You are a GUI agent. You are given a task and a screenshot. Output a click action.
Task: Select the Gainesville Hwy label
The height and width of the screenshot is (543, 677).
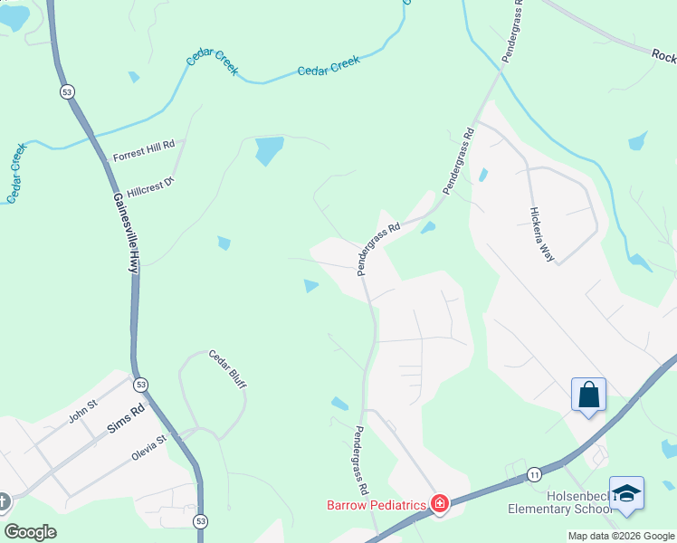coord(125,233)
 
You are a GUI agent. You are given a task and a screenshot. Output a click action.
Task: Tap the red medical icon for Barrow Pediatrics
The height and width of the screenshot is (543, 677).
coord(439,503)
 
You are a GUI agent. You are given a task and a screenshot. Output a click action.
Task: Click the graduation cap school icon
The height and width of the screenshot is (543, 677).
coord(626,493)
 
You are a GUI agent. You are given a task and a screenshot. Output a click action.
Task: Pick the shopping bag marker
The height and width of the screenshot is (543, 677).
coord(588,395)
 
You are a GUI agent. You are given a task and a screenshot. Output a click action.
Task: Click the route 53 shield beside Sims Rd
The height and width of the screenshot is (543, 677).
coord(140,385)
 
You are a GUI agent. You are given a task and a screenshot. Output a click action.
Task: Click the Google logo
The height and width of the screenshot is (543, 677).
coord(30,532)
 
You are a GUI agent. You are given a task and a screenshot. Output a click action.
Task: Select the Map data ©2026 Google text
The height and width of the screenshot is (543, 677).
coord(621,536)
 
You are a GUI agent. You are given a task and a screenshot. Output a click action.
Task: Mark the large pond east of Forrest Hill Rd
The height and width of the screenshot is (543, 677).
coord(269,148)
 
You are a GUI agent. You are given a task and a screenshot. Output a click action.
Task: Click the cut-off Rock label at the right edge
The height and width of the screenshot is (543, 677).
coord(663,55)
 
